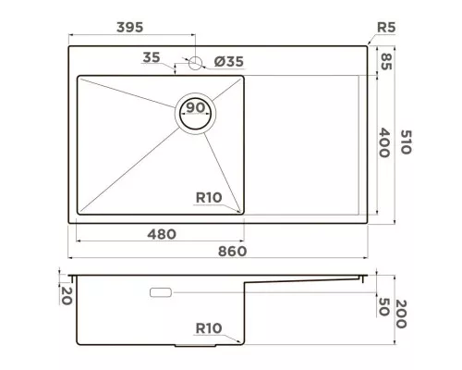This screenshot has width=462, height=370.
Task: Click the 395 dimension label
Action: point(129,28)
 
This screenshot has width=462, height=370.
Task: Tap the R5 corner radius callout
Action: point(386,28)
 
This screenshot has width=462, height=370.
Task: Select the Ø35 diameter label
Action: point(229,61)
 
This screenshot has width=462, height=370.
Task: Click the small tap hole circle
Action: point(195,63)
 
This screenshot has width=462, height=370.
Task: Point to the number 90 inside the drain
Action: point(196,107)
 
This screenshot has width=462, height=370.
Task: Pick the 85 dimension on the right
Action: point(386,62)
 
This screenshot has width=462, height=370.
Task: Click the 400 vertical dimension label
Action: point(384,143)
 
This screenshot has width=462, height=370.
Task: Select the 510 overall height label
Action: point(406,142)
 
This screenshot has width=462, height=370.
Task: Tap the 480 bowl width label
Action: point(162,235)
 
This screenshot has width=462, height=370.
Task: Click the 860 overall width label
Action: point(233,252)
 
